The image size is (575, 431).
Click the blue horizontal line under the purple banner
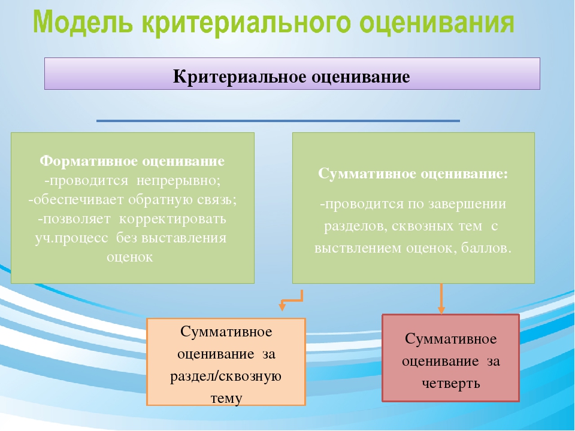278,121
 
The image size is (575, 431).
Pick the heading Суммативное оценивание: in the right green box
413,174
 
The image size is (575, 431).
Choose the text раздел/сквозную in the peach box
226,377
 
